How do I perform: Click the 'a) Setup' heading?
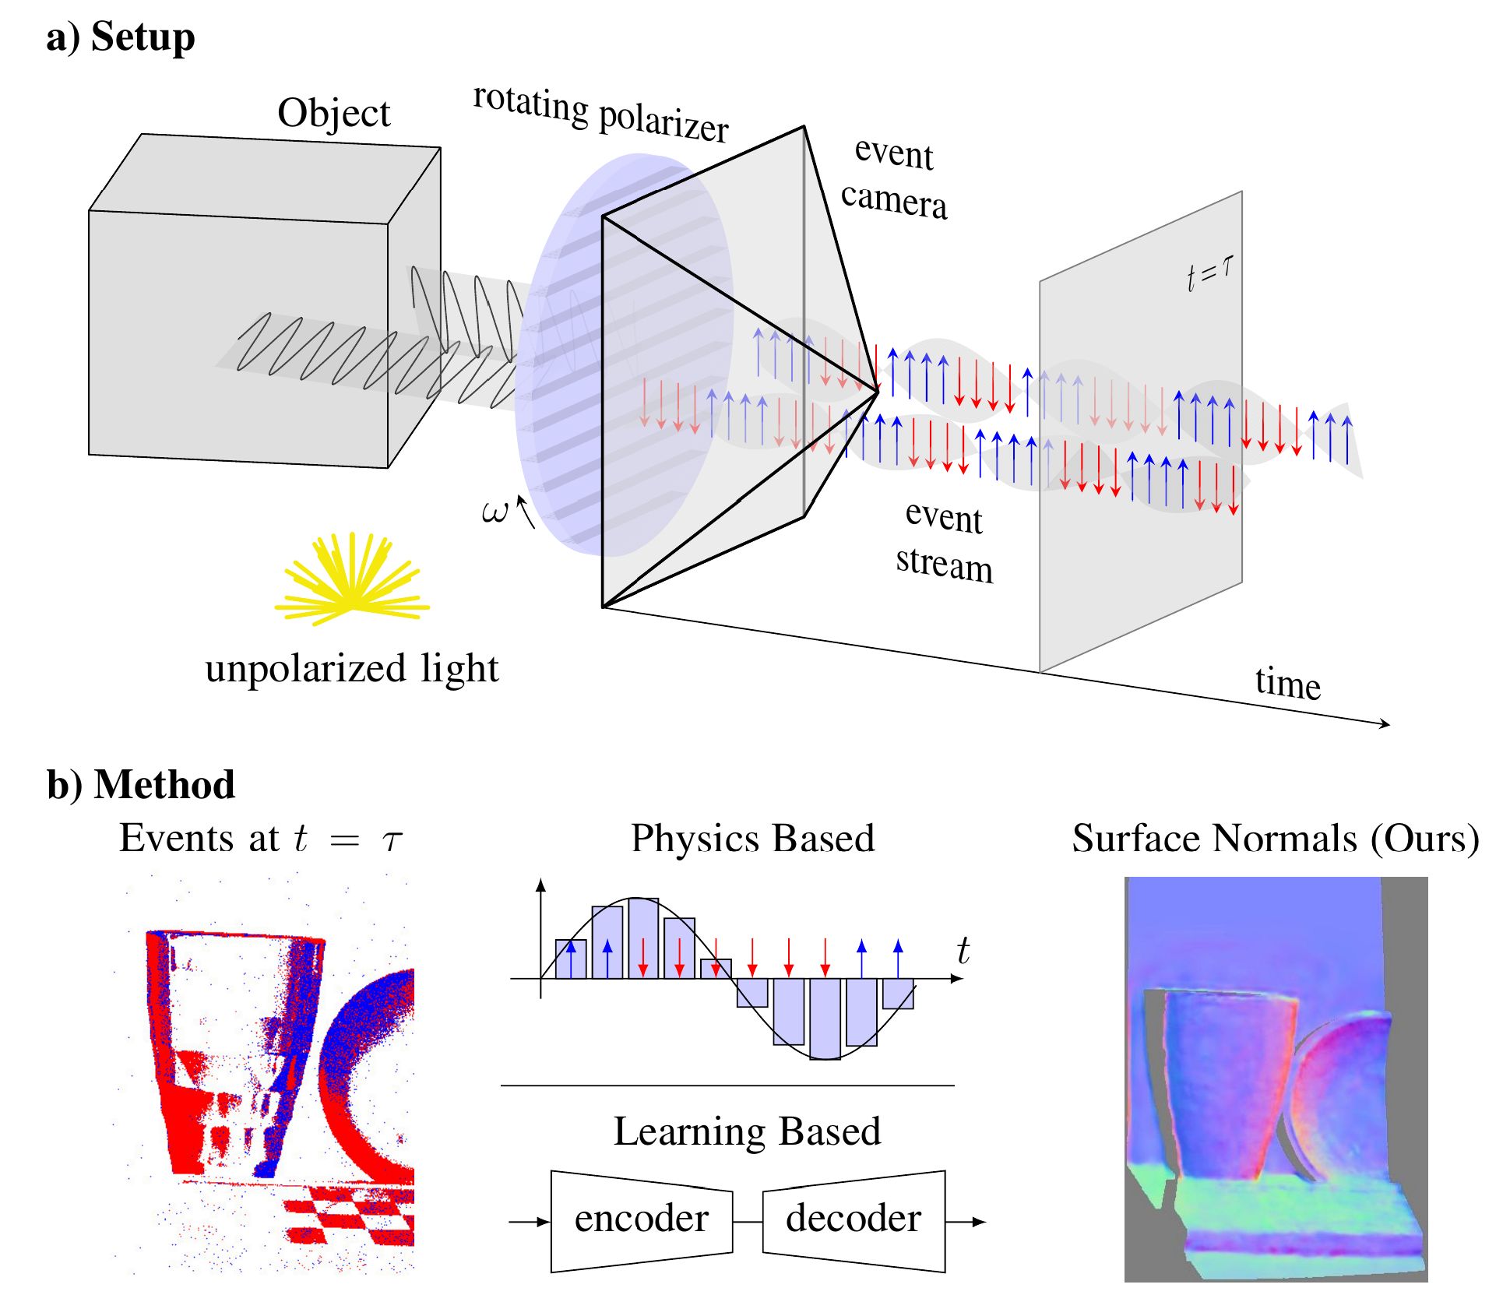point(120,37)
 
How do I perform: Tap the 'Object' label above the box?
point(333,114)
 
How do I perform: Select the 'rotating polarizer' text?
point(600,114)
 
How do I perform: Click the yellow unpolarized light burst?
point(352,580)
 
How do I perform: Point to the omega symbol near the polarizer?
point(495,512)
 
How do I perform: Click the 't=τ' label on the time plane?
point(1209,272)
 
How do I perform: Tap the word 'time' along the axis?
point(1287,683)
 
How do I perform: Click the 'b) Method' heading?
point(141,784)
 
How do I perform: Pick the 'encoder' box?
point(641,1220)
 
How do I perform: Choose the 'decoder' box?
point(854,1220)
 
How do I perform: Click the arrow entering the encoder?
point(530,1222)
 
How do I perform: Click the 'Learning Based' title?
point(747,1131)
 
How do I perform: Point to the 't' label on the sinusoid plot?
point(963,951)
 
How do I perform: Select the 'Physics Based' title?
point(752,839)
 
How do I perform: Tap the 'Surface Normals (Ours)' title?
point(1275,839)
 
